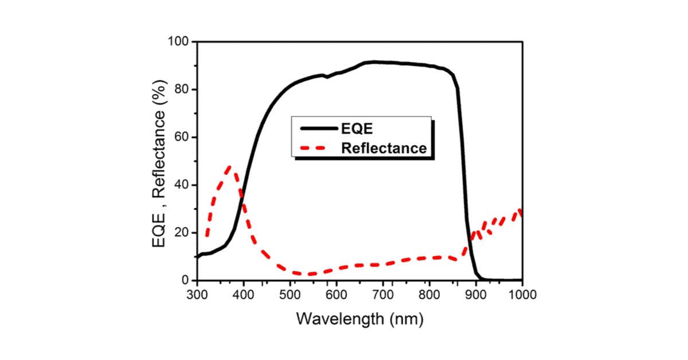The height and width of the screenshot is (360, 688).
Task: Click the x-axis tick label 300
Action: [197, 295]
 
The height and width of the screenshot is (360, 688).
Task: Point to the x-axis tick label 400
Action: [244, 295]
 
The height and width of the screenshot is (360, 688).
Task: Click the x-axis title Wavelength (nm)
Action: [359, 318]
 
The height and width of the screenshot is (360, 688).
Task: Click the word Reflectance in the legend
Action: [384, 148]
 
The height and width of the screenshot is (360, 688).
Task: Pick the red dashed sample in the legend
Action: [315, 148]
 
